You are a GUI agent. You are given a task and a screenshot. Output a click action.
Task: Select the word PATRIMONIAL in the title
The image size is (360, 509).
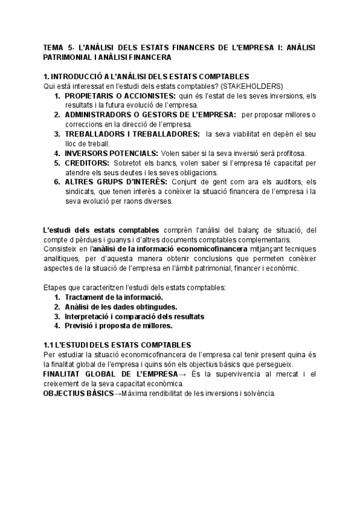(68, 57)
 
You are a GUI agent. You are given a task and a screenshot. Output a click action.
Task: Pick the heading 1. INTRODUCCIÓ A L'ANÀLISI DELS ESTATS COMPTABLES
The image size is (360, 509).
(147, 77)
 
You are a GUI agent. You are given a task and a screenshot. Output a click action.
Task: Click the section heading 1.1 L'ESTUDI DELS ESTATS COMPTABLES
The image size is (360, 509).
(118, 345)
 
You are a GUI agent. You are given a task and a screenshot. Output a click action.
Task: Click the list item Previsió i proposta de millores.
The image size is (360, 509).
(118, 326)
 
